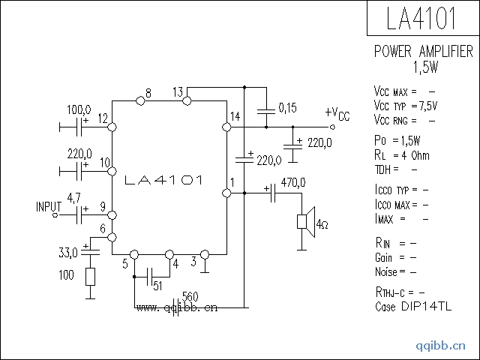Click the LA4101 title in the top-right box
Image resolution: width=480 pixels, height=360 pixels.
pyautogui.click(x=422, y=19)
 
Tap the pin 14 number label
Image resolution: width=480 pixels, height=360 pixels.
pyautogui.click(x=235, y=116)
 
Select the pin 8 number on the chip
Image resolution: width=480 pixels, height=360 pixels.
pyautogui.click(x=148, y=93)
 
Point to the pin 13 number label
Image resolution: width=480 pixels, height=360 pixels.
pyautogui.click(x=177, y=92)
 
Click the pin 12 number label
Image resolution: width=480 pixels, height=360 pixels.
pyautogui.click(x=103, y=118)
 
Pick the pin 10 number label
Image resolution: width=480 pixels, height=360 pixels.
pyautogui.click(x=104, y=162)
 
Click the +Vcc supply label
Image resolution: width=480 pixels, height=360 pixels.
pyautogui.click(x=337, y=113)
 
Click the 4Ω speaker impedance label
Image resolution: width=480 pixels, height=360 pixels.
pyautogui.click(x=322, y=224)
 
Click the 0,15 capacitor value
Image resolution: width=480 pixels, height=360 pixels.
pyautogui.click(x=287, y=108)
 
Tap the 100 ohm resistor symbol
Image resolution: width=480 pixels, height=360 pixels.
pyautogui.click(x=90, y=277)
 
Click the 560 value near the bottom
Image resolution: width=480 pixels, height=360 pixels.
pyautogui.click(x=190, y=295)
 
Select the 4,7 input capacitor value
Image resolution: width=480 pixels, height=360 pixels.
pyautogui.click(x=74, y=198)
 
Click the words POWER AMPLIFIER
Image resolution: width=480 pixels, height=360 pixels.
pyautogui.click(x=423, y=52)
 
